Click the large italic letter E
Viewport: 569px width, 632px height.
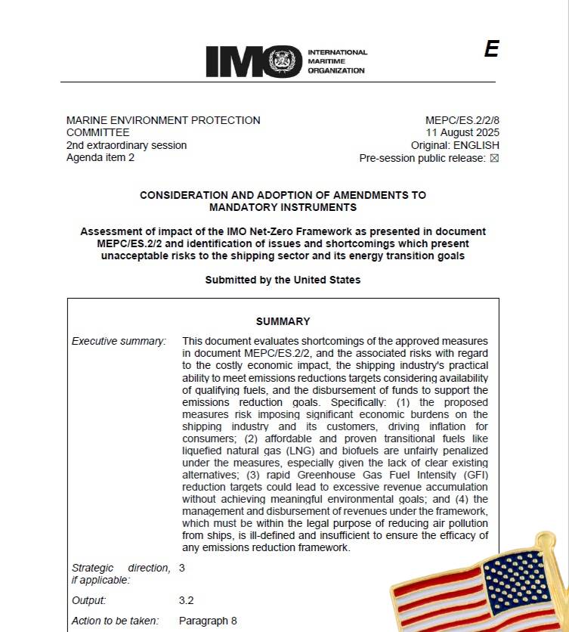[x=491, y=49]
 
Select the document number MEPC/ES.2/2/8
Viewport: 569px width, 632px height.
[x=462, y=120]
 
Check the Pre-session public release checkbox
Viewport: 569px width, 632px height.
[x=495, y=159]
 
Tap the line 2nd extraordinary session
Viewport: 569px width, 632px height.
[x=126, y=145]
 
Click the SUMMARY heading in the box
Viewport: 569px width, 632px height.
[x=283, y=321]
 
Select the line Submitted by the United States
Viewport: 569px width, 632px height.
[x=283, y=280]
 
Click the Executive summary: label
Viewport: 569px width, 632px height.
[x=119, y=341]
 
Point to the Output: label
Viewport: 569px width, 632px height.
[x=89, y=600]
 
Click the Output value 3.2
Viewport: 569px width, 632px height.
[x=187, y=600]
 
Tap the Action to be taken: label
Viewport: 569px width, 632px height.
[x=116, y=621]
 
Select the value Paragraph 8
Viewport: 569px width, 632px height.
[x=208, y=621]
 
